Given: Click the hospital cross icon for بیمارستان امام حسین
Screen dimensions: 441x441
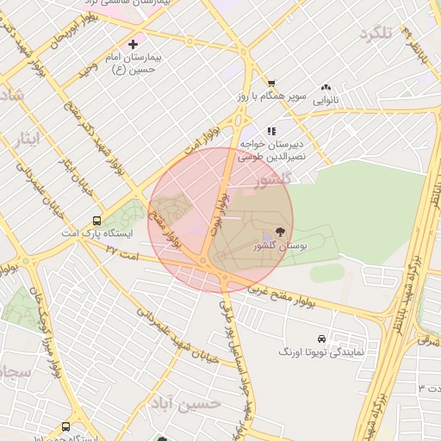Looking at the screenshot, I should click(x=133, y=43).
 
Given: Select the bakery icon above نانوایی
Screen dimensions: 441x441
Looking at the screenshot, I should click(x=326, y=88).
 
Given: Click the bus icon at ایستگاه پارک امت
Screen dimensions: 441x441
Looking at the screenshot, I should click(x=96, y=220).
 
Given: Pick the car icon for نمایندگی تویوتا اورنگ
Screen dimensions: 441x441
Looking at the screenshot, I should click(x=321, y=339).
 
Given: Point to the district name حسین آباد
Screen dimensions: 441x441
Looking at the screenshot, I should click(x=184, y=403).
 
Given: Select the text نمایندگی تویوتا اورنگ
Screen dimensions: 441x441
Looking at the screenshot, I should click(x=322, y=353).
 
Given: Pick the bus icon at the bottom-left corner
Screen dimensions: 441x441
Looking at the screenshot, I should click(x=66, y=427).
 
